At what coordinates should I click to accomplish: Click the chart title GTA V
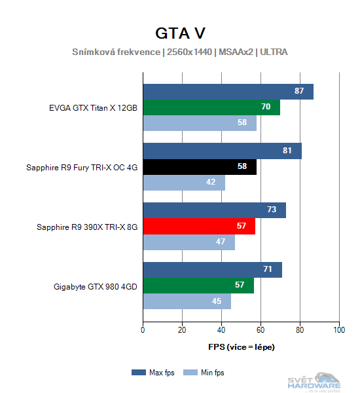coord(180,33)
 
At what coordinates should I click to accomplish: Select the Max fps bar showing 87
coord(228,91)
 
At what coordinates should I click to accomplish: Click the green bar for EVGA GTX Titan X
coord(211,107)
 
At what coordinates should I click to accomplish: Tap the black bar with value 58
coord(199,167)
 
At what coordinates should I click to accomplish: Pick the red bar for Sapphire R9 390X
coord(198,227)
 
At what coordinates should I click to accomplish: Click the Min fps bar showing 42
coord(183,182)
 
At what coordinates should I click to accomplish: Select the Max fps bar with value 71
coord(212,270)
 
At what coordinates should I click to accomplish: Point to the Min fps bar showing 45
coord(187,302)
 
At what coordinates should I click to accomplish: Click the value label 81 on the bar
coord(287,151)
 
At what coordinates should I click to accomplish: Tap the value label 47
coord(221,242)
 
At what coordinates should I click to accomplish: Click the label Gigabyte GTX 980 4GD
coord(96,286)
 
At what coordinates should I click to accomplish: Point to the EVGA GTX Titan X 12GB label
coord(93,107)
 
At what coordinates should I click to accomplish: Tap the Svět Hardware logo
coord(314,382)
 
